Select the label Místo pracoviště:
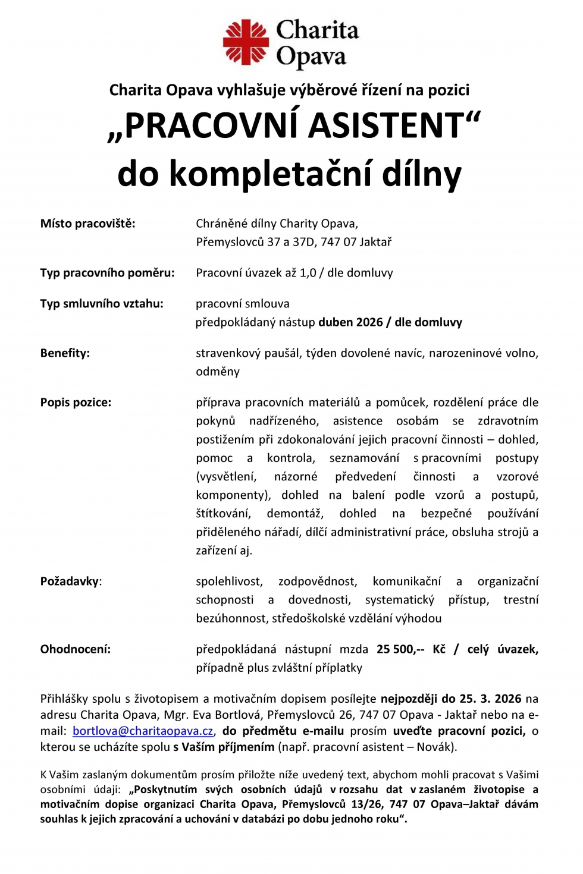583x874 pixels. pos(87,224)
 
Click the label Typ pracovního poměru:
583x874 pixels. pos(107,273)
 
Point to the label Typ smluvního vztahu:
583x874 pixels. pos(102,304)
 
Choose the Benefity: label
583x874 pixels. pos(65,353)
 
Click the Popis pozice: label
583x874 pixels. pos(76,403)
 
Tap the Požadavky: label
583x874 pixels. pos(71,581)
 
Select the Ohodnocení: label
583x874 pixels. pos(76,649)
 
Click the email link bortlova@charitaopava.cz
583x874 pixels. pos(143,731)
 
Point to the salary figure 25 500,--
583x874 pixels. pos(400,649)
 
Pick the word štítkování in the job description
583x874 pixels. pos(223,514)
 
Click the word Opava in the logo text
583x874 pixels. pos(311,57)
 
